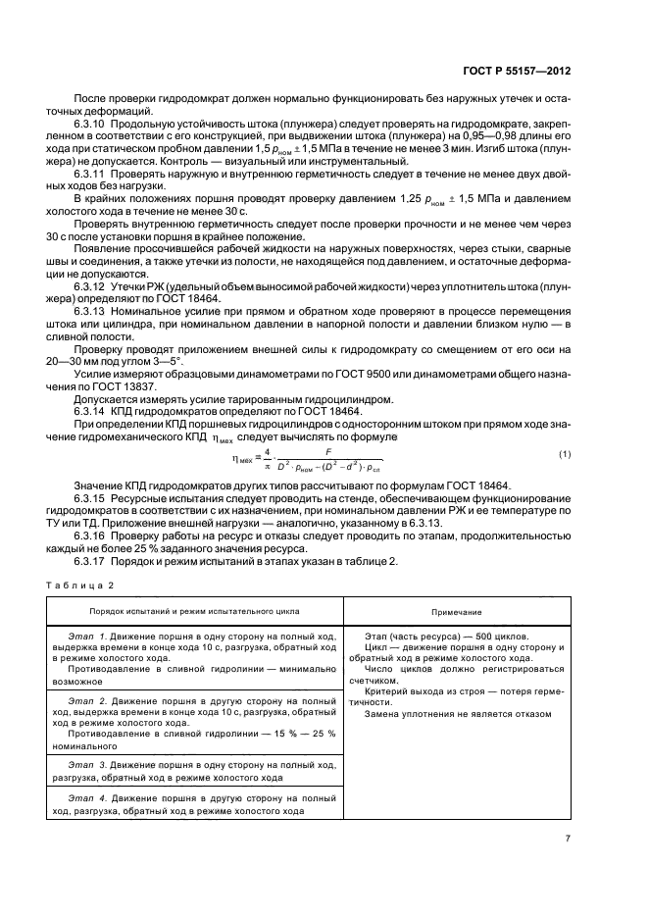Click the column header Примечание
coord(455,612)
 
